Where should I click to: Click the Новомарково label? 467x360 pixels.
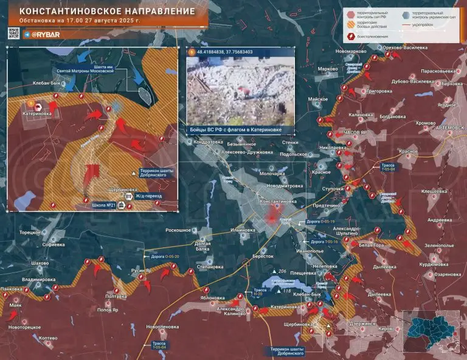click(351, 51)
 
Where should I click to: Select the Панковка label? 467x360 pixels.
click(15, 288)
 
